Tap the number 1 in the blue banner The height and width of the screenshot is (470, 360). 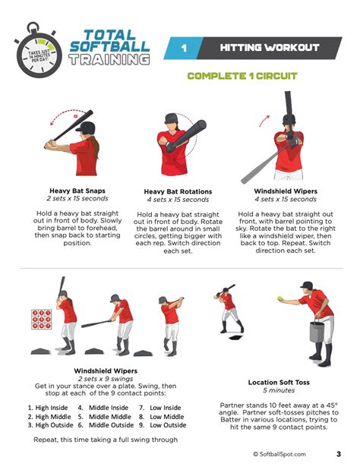point(183,48)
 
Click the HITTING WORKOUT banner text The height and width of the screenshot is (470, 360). point(270,48)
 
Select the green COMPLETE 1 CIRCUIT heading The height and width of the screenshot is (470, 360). point(242,76)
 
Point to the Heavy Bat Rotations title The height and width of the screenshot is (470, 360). point(178,191)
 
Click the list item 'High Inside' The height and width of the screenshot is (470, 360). point(49,407)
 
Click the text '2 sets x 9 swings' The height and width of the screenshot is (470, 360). point(105,378)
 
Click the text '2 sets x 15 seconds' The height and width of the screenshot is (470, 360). point(79,199)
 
